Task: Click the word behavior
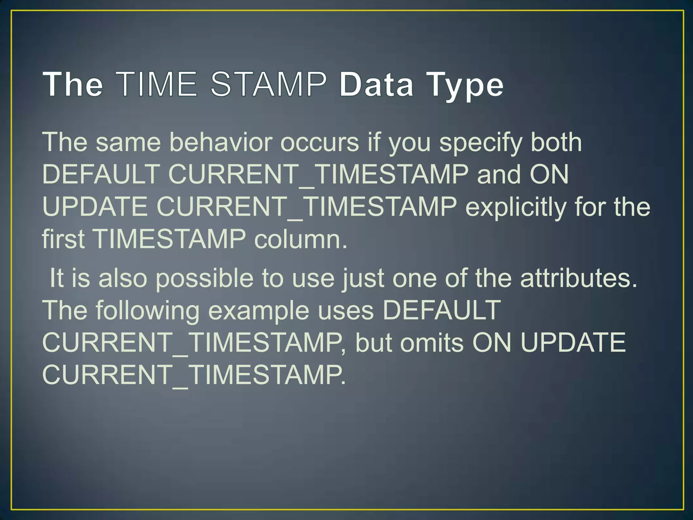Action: pyautogui.click(x=221, y=142)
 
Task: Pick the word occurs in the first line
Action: pyautogui.click(x=319, y=142)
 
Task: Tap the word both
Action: pyautogui.click(x=556, y=142)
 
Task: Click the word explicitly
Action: pyautogui.click(x=516, y=207)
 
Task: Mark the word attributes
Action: pyautogui.click(x=579, y=278)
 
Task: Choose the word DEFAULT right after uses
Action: pyautogui.click(x=441, y=310)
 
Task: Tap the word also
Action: pyautogui.click(x=123, y=278)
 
